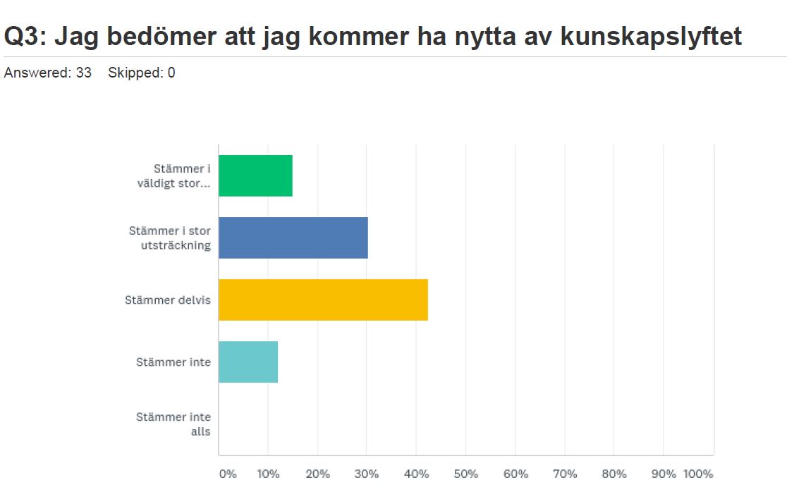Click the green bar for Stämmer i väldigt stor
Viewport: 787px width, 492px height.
[255, 176]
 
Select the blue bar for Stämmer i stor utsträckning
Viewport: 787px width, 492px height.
[293, 238]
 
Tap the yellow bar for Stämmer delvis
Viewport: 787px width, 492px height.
[323, 300]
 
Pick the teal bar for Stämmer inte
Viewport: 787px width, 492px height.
[248, 362]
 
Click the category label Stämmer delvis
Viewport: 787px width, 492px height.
[168, 300]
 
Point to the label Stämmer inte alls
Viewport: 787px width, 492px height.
[173, 424]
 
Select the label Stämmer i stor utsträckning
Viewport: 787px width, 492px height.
[170, 238]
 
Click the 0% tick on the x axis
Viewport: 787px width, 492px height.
[228, 474]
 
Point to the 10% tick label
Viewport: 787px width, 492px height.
[268, 474]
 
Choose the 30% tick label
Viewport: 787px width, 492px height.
[367, 474]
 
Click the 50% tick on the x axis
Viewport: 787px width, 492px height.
[465, 474]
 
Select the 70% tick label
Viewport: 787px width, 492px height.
[564, 474]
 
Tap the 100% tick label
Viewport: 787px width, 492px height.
[698, 474]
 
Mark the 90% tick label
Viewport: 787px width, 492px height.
[663, 474]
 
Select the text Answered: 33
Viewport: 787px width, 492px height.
[48, 73]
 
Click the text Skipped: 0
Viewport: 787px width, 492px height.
[141, 73]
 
